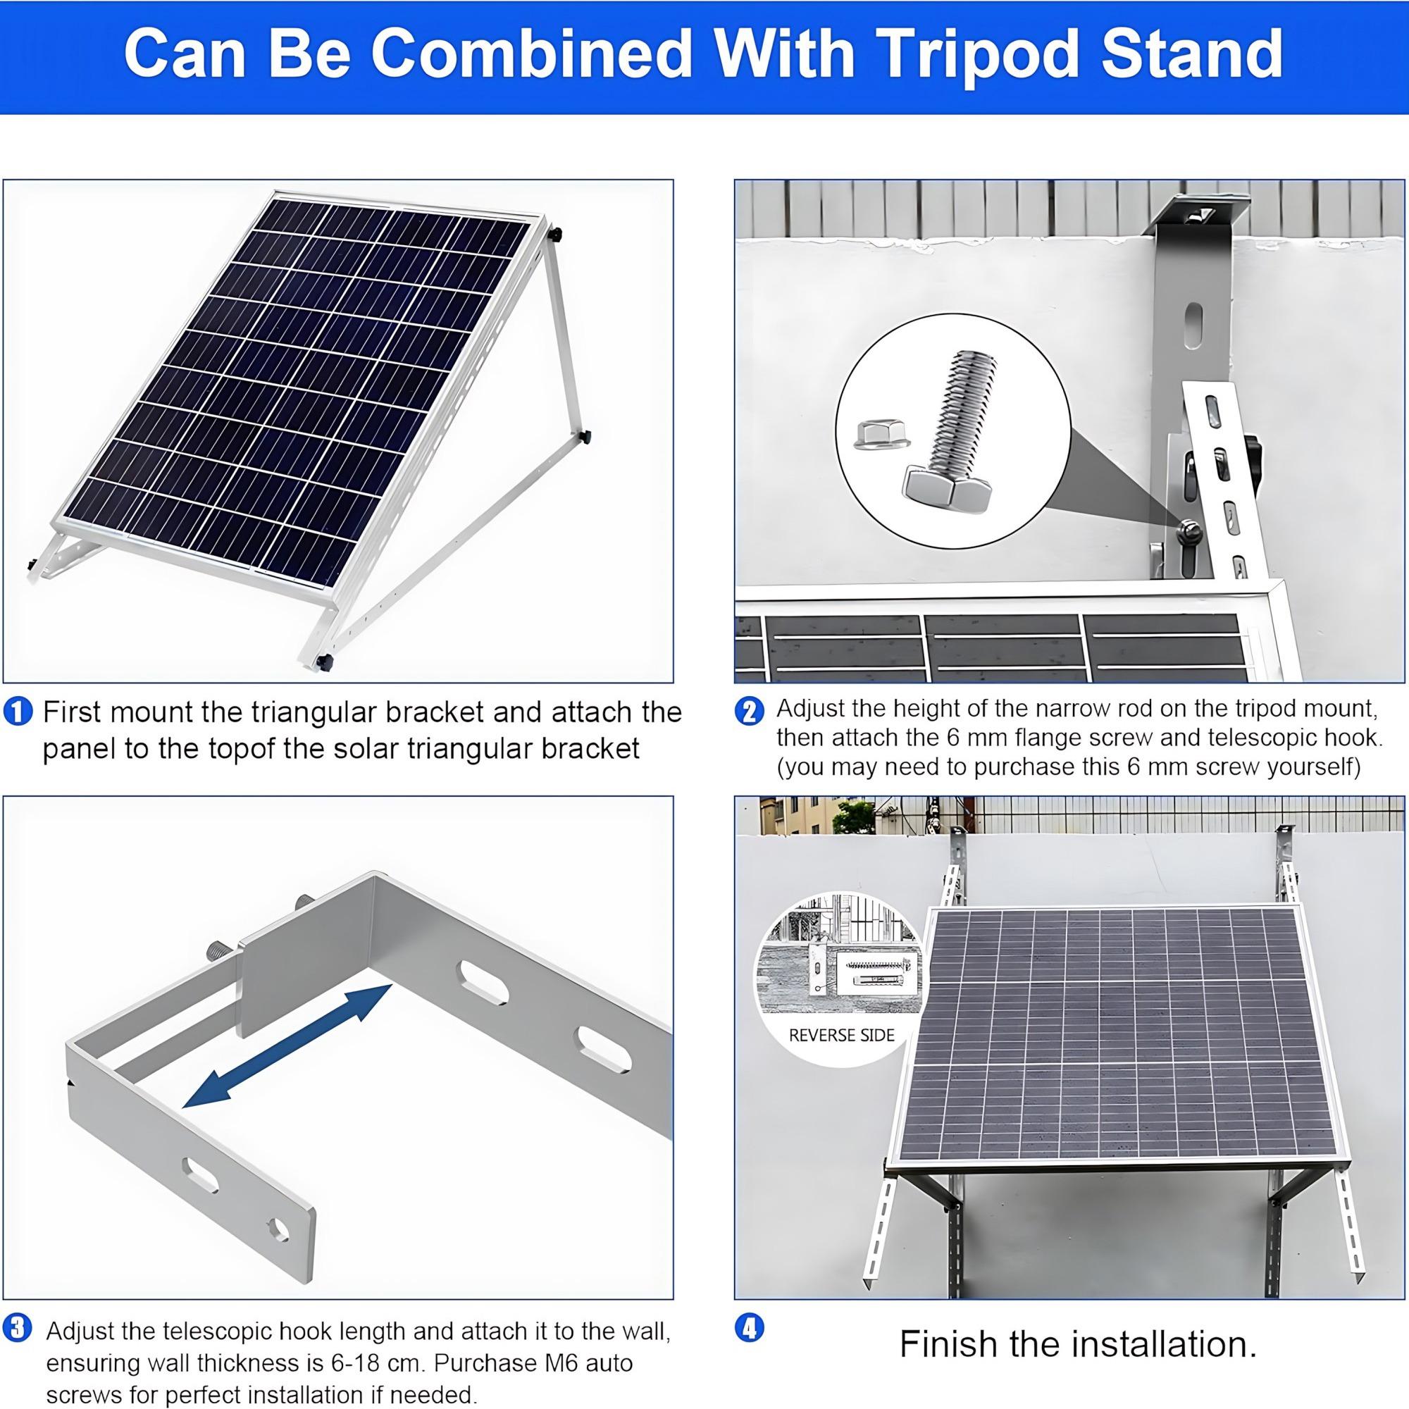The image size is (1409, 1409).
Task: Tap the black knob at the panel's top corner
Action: [557, 235]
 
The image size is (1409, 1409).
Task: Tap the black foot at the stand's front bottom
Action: [323, 663]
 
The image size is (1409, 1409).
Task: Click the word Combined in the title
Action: [533, 55]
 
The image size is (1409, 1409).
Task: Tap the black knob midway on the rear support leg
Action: [585, 437]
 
